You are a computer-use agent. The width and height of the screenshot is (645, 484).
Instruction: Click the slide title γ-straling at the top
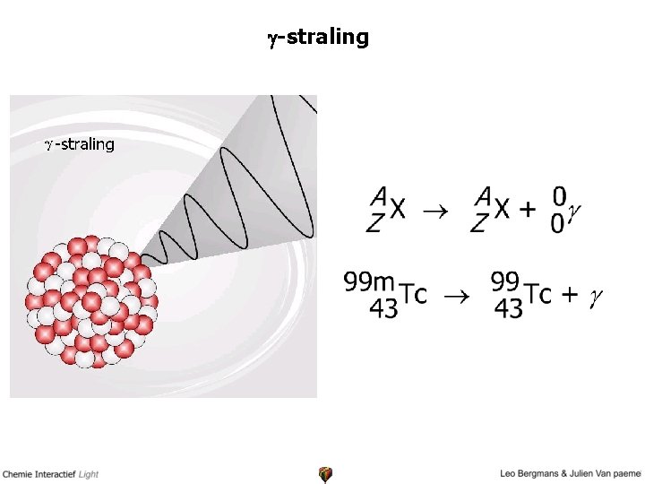pyautogui.click(x=317, y=37)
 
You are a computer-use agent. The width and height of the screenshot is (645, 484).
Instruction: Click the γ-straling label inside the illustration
pyautogui.click(x=80, y=143)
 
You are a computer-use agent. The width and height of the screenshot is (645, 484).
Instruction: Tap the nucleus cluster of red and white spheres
pyautogui.click(x=92, y=301)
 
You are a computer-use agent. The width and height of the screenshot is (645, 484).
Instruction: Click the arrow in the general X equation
pyautogui.click(x=434, y=211)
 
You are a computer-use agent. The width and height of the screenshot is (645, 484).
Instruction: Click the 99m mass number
pyautogui.click(x=369, y=282)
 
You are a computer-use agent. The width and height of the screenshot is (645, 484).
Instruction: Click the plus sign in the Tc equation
pyautogui.click(x=567, y=295)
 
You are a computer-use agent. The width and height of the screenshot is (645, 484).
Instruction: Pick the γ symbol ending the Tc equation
pyautogui.click(x=595, y=297)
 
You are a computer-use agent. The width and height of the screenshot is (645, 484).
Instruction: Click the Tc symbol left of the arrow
pyautogui.click(x=412, y=295)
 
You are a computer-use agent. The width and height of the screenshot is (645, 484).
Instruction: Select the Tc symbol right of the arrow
pyautogui.click(x=537, y=295)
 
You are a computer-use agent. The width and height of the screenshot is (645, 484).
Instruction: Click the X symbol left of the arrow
pyautogui.click(x=398, y=210)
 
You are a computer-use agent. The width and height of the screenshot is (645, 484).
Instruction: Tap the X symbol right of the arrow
pyautogui.click(x=503, y=210)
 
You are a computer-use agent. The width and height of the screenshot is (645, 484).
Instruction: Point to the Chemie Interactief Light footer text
pyautogui.click(x=50, y=472)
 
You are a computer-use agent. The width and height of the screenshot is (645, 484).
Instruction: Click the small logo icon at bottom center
pyautogui.click(x=325, y=473)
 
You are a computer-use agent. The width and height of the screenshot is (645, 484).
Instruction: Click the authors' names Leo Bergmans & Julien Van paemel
pyautogui.click(x=572, y=472)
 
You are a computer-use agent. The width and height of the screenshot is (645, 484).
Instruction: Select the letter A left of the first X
pyautogui.click(x=380, y=194)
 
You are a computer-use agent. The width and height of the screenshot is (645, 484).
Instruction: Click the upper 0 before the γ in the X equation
pyautogui.click(x=559, y=194)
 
